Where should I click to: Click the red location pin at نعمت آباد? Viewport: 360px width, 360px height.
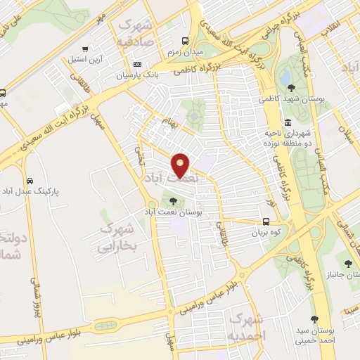coord(181,165)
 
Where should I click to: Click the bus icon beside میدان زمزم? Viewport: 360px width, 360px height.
coord(186,41)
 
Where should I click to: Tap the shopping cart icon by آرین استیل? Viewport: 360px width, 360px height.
coord(84,49)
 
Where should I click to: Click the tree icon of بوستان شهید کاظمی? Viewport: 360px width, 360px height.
coord(291,88)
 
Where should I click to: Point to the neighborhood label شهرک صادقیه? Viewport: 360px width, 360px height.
coord(137,32)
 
